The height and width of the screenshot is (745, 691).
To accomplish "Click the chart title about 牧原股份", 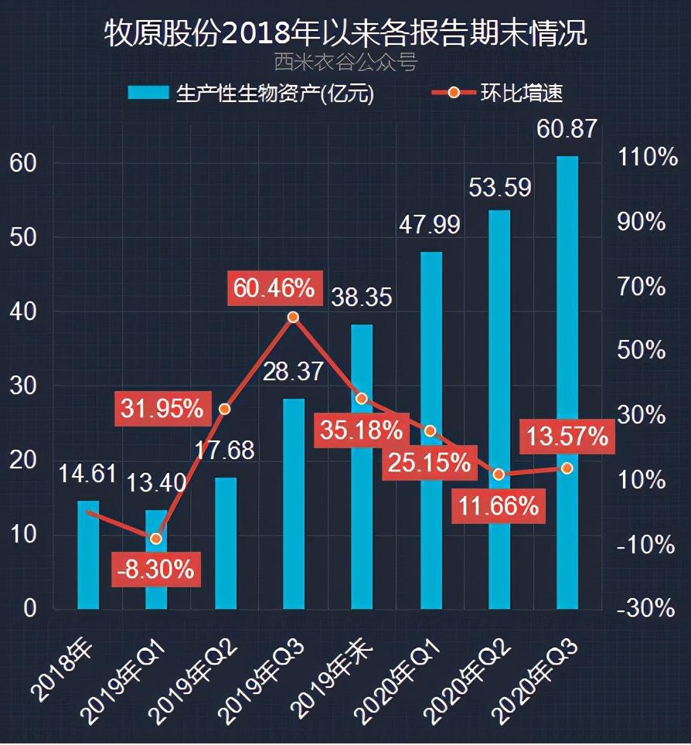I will [x=345, y=33].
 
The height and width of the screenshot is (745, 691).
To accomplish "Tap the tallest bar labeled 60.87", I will [x=567, y=383].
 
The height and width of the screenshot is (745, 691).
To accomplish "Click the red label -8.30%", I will [x=156, y=570].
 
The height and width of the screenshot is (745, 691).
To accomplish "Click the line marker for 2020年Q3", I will [x=567, y=468].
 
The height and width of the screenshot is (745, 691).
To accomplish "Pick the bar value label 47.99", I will [x=429, y=224].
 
